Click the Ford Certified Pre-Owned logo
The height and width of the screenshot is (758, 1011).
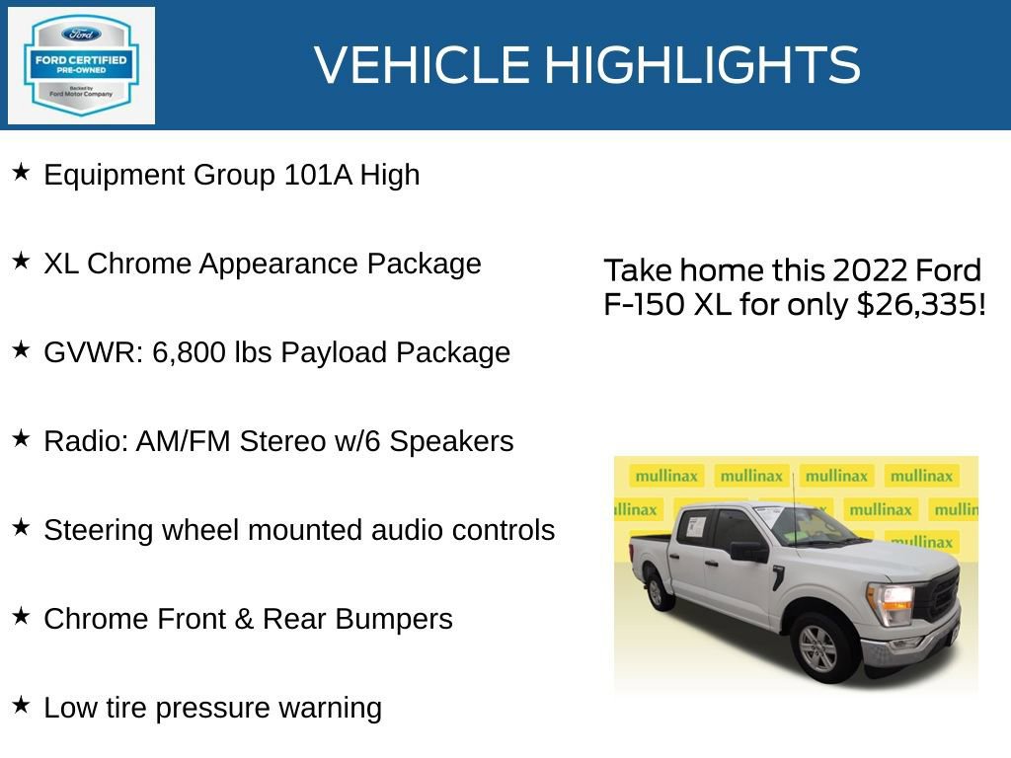(x=81, y=65)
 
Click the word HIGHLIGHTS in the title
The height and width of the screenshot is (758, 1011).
(x=702, y=65)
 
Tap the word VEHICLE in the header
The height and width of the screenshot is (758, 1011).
(x=423, y=65)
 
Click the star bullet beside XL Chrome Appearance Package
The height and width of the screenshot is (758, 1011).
(x=21, y=262)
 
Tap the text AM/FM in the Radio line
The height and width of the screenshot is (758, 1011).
(x=171, y=442)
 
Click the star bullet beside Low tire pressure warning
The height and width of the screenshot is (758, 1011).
(x=21, y=706)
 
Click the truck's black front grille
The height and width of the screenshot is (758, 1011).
(x=940, y=595)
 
